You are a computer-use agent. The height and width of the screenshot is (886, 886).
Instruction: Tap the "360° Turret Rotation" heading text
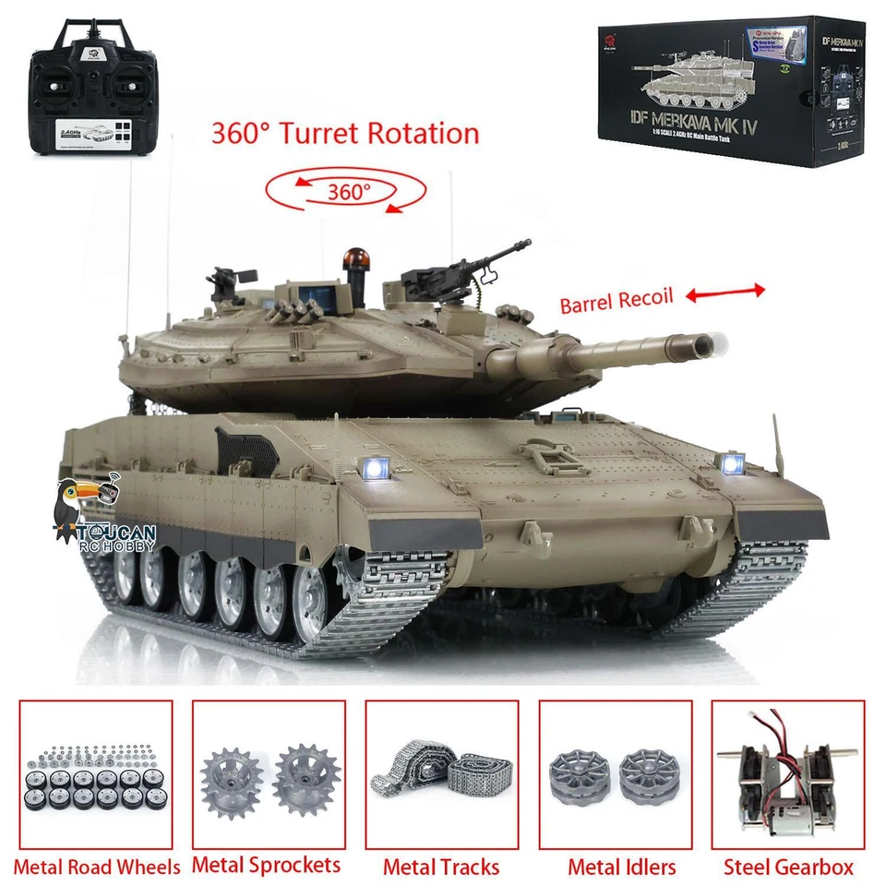pos(345,133)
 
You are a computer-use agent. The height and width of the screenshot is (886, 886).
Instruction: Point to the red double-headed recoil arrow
pos(724,293)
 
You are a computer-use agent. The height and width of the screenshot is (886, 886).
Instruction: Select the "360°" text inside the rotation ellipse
pos(349,192)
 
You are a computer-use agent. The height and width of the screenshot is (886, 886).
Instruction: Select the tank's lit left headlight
pos(377,469)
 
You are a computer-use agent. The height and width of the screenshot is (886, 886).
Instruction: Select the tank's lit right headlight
pos(734,463)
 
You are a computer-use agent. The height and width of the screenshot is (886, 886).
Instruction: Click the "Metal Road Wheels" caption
pos(97,867)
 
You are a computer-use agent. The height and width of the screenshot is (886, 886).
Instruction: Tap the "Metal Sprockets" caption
pos(268,866)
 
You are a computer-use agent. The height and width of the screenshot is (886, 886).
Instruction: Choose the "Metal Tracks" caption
pos(441,867)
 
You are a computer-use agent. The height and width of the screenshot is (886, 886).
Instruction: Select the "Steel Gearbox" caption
pos(788,867)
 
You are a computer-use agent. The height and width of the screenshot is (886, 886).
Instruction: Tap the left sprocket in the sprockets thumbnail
pos(233,776)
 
